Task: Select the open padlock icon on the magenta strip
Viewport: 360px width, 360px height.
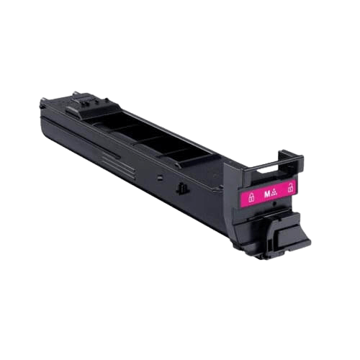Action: pyautogui.click(x=290, y=189)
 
